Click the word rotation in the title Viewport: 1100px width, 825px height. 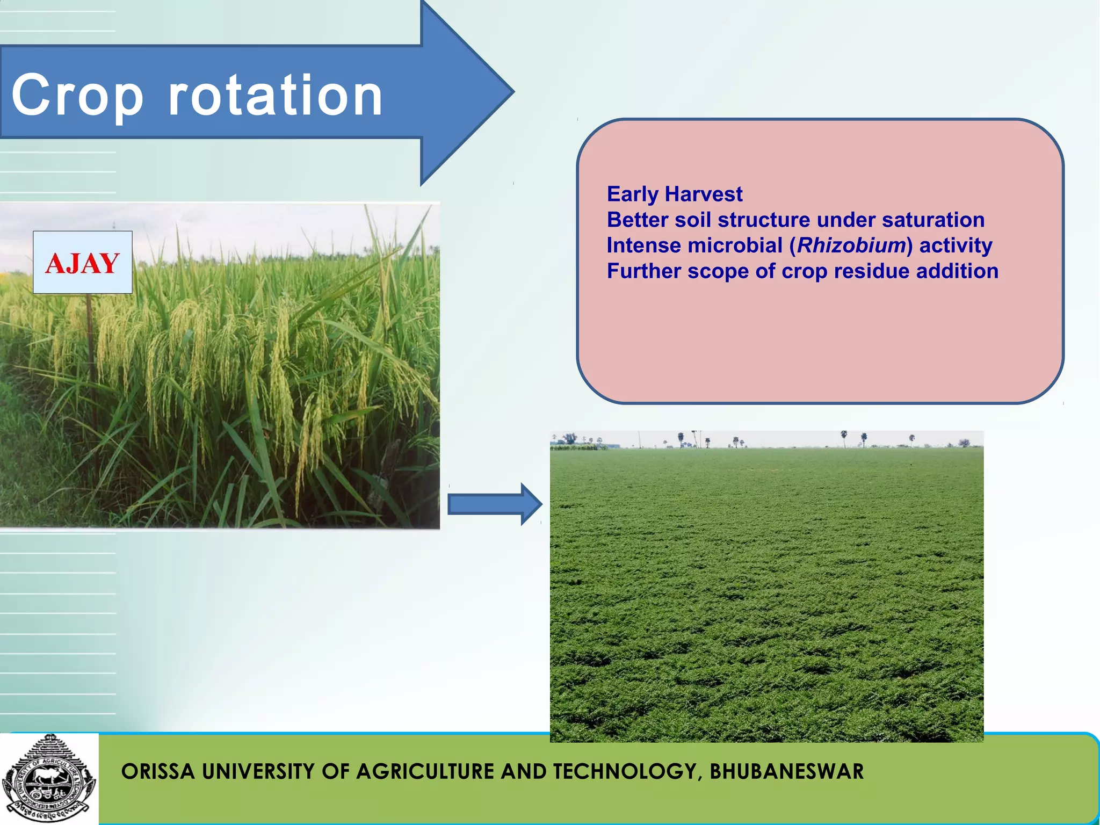(x=276, y=96)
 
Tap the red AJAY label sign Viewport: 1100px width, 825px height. (x=83, y=263)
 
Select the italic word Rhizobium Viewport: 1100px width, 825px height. (x=851, y=245)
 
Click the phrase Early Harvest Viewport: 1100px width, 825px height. (x=675, y=194)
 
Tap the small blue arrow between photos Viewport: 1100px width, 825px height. (x=494, y=504)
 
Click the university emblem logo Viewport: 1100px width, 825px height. (x=49, y=778)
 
